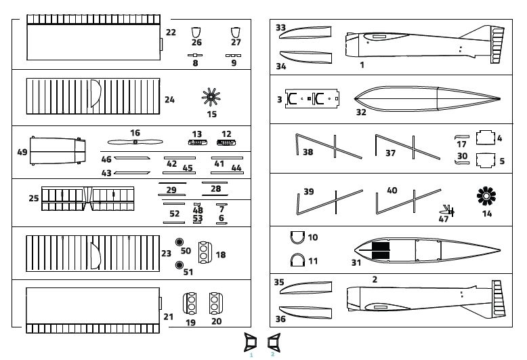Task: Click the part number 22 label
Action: coord(171,32)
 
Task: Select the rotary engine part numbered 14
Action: coord(486,197)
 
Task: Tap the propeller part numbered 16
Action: coord(135,142)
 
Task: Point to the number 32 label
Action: coord(361,112)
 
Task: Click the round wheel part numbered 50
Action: coord(180,243)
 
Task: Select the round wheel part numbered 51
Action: coord(180,265)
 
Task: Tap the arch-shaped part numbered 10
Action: coord(297,237)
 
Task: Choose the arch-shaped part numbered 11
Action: coord(297,260)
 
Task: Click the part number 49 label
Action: coord(22,153)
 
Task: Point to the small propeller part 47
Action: coord(448,209)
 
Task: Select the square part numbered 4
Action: coord(485,138)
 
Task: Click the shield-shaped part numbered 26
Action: coord(196,31)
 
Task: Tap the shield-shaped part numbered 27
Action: coord(236,31)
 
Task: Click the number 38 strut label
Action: coord(308,153)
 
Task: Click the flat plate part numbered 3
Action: coord(311,100)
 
